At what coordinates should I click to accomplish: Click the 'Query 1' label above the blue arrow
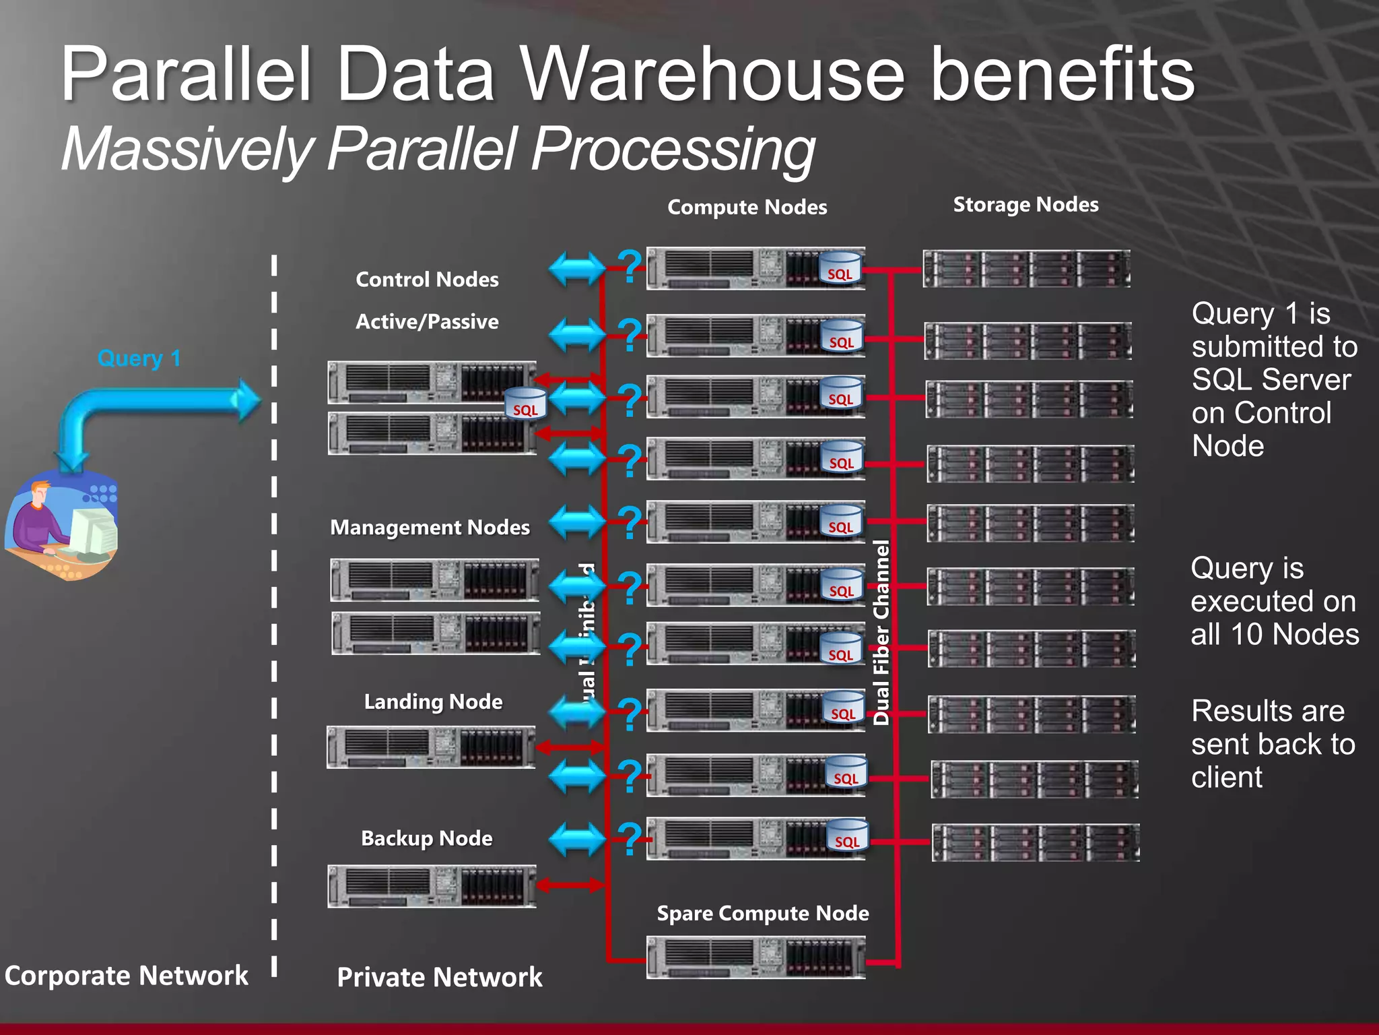pyautogui.click(x=139, y=358)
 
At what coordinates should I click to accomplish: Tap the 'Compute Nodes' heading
pyautogui.click(x=747, y=207)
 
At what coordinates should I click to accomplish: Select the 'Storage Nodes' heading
pyautogui.click(x=1025, y=204)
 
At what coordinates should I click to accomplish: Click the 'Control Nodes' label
pyautogui.click(x=427, y=279)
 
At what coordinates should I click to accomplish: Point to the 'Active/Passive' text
pyautogui.click(x=427, y=321)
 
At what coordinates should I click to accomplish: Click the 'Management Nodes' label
pyautogui.click(x=430, y=527)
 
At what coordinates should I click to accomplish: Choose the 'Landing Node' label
pyautogui.click(x=433, y=701)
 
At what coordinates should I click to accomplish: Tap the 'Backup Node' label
pyautogui.click(x=426, y=838)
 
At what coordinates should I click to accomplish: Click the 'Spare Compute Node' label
pyautogui.click(x=762, y=913)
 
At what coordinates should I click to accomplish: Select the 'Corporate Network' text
pyautogui.click(x=126, y=975)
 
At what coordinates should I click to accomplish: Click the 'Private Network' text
pyautogui.click(x=439, y=977)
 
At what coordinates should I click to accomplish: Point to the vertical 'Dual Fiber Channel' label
pyautogui.click(x=881, y=632)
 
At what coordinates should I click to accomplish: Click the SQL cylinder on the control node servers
pyautogui.click(x=525, y=404)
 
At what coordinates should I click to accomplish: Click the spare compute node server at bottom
pyautogui.click(x=755, y=957)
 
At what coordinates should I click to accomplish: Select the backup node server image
pyautogui.click(x=432, y=886)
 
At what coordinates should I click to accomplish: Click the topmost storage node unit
pyautogui.click(x=1026, y=269)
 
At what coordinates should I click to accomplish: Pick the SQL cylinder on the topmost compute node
pyautogui.click(x=840, y=268)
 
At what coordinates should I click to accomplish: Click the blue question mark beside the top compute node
pyautogui.click(x=630, y=265)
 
